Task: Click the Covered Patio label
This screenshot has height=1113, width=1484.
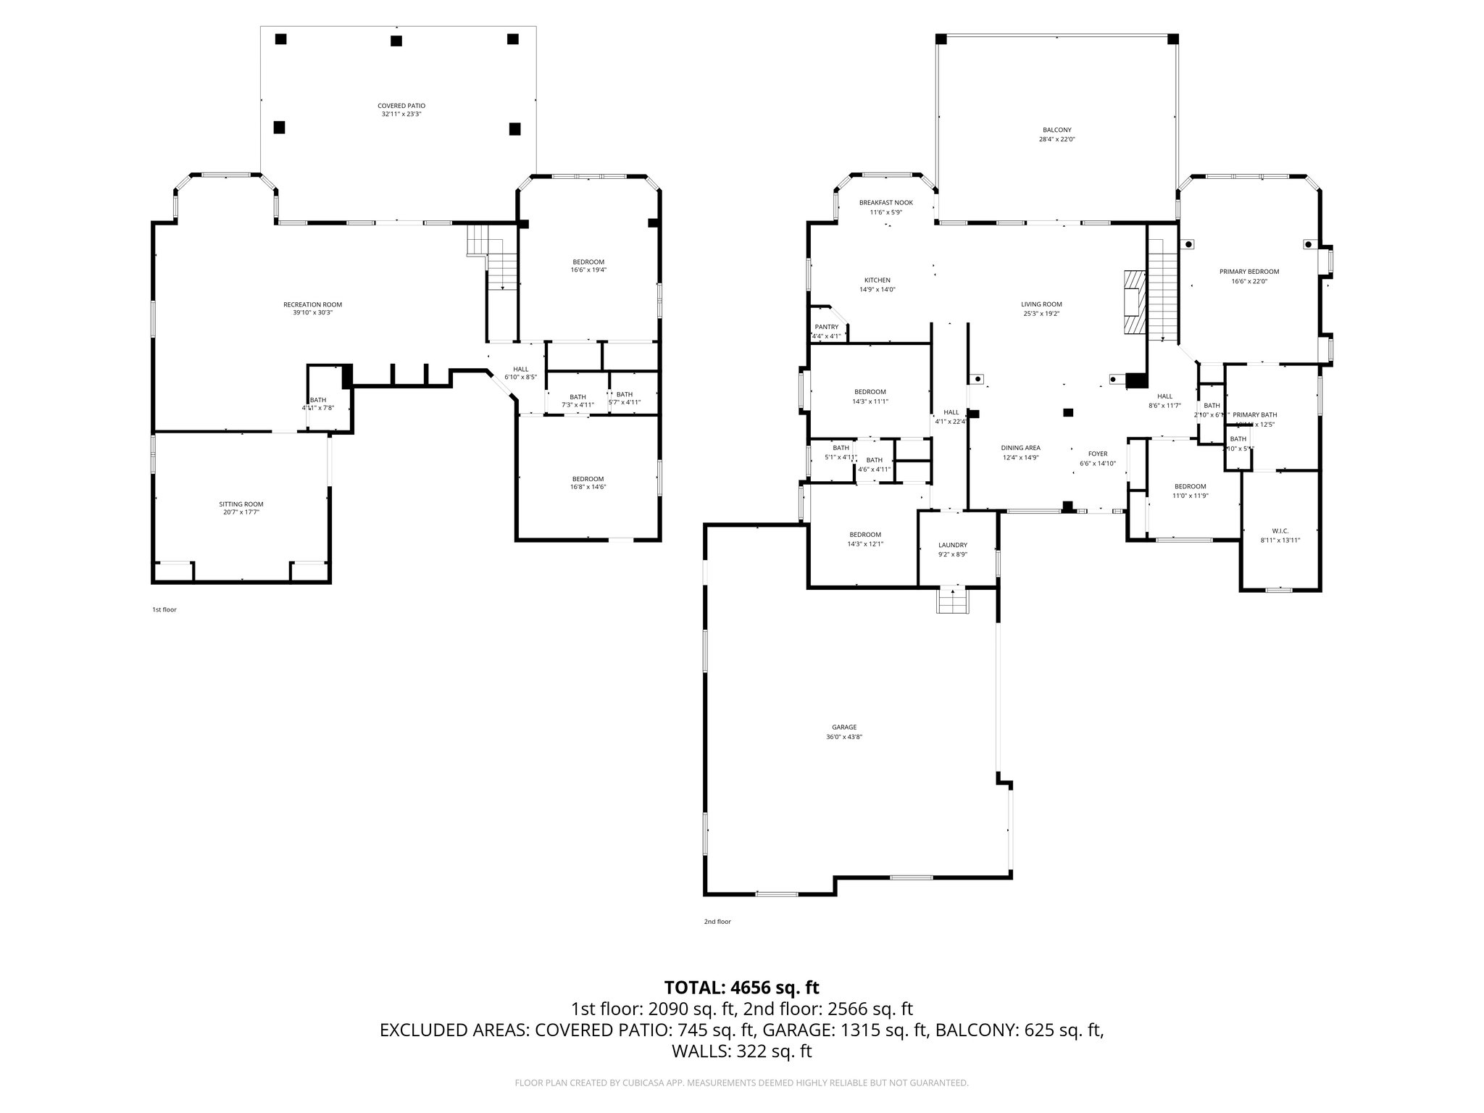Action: (x=401, y=106)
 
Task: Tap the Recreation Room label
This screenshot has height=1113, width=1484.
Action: (x=312, y=304)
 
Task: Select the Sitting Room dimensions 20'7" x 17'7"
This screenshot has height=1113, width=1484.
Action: (x=241, y=512)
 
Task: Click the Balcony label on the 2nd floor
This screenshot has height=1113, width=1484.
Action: (x=1057, y=130)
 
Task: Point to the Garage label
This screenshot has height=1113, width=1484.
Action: (x=844, y=727)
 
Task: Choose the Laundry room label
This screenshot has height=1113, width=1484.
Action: (x=952, y=545)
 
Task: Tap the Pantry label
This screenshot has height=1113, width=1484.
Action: (x=826, y=327)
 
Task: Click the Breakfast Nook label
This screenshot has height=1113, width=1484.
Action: (x=885, y=203)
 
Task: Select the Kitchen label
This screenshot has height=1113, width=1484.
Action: (x=877, y=280)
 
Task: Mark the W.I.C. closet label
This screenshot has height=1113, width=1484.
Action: (x=1280, y=530)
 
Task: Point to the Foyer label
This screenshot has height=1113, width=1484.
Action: (x=1097, y=454)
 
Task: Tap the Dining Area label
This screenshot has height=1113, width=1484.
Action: (x=1020, y=448)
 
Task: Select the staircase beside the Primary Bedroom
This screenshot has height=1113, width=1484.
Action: (x=1162, y=290)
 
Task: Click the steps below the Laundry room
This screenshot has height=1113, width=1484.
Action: (x=952, y=601)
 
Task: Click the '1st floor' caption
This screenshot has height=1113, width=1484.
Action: (x=164, y=609)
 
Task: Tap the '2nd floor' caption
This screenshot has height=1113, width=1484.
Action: (x=717, y=922)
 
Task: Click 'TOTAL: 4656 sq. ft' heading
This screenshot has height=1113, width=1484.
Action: (x=741, y=987)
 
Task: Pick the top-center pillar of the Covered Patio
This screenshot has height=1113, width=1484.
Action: (x=396, y=41)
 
